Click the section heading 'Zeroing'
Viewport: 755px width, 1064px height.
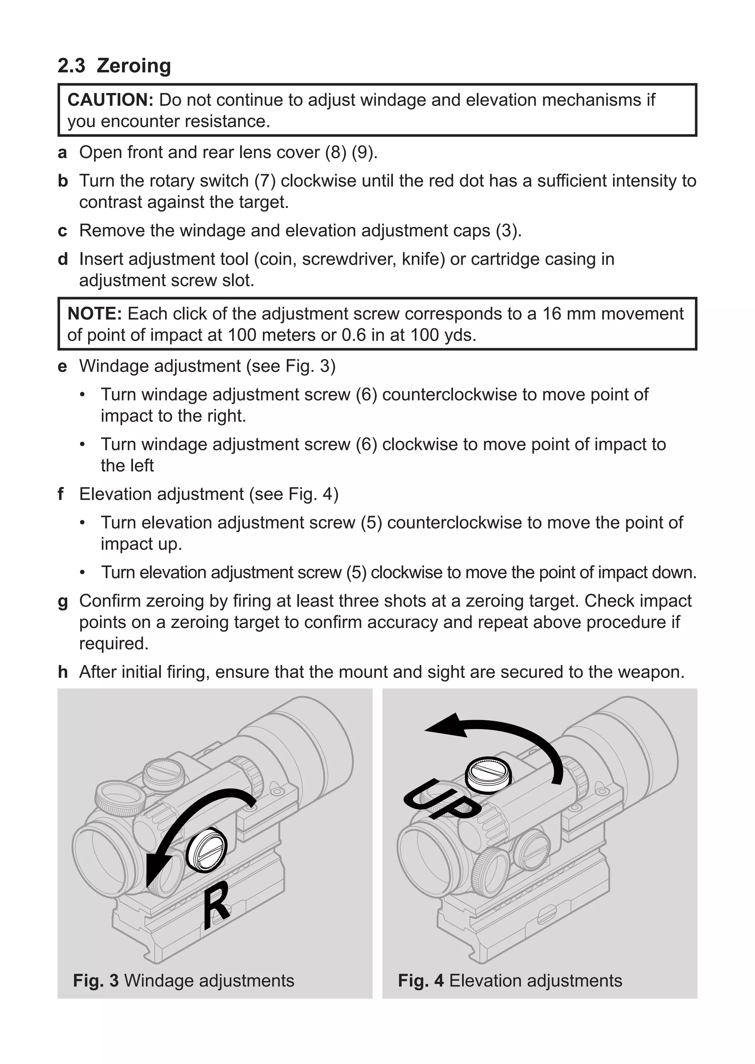[x=133, y=66]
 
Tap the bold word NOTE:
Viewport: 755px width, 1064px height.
[x=94, y=314]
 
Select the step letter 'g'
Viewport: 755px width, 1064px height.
[x=62, y=602]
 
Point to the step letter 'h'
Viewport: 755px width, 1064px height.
[x=62, y=672]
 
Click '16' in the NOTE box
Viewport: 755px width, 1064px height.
[x=552, y=314]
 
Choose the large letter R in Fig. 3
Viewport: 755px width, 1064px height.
[x=216, y=906]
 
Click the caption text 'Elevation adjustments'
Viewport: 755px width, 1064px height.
[x=536, y=981]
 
